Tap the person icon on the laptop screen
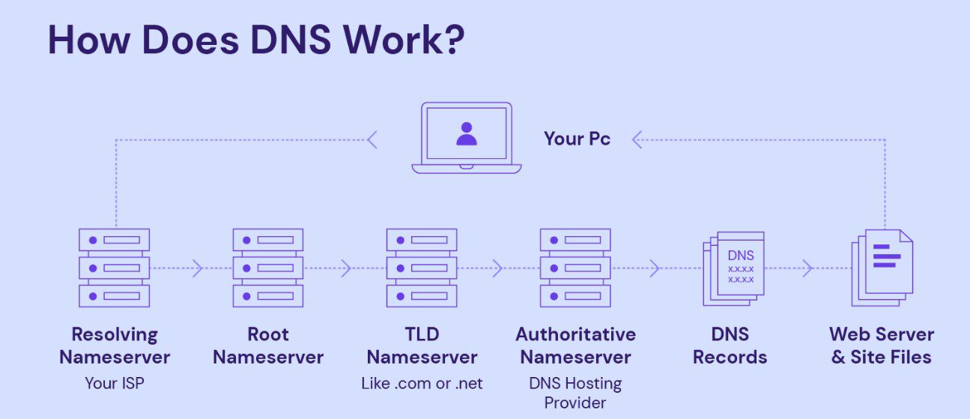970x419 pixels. coord(466,134)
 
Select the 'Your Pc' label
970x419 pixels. coord(577,139)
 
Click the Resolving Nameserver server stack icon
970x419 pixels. coord(114,268)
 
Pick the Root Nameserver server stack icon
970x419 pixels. coord(267,268)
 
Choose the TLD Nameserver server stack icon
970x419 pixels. coord(422,268)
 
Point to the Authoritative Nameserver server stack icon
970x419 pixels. coord(575,268)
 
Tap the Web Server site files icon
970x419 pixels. coord(882,267)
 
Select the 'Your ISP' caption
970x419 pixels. coord(114,383)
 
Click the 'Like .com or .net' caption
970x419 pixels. coord(422,383)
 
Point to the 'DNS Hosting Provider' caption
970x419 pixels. coord(575,393)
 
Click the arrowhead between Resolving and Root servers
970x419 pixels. coord(198,268)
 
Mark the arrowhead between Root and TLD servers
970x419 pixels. coord(346,268)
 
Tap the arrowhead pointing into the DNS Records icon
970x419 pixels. coord(654,268)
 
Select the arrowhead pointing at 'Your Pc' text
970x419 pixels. coord(637,139)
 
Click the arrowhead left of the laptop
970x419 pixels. coord(372,139)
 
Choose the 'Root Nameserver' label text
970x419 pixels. coord(267,346)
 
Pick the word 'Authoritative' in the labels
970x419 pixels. coord(575,334)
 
